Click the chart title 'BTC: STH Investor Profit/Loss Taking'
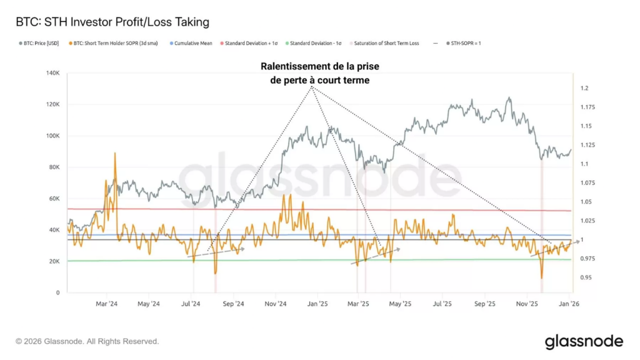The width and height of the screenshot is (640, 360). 112,22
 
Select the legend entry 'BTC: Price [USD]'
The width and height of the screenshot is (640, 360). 40,44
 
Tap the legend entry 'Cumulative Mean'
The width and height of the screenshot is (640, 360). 193,44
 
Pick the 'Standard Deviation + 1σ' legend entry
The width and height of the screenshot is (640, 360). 250,44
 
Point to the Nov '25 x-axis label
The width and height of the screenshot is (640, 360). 527,304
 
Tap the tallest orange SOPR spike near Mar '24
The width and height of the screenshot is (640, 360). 115,154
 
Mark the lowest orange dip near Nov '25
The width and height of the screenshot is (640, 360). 542,277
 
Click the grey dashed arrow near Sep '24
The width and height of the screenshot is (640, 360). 216,252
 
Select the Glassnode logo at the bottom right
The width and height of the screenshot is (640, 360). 584,341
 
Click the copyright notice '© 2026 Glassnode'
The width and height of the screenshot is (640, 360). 87,341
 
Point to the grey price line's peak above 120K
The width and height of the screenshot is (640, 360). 509,98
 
